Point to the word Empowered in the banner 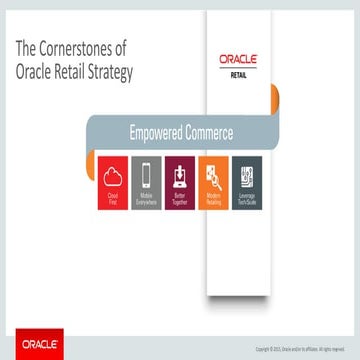click(x=159, y=132)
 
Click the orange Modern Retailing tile click(x=213, y=183)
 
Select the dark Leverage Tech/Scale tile click(x=247, y=183)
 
